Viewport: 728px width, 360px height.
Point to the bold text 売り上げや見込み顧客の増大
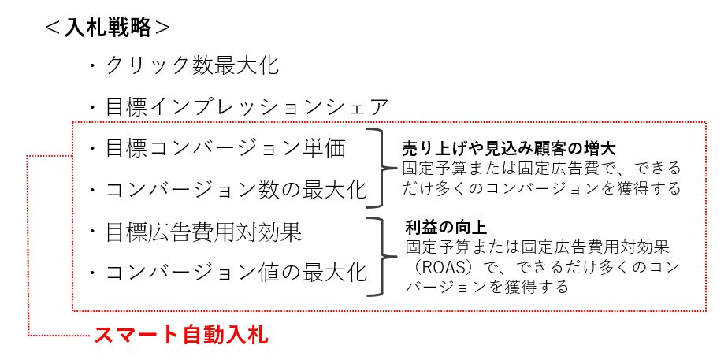496,147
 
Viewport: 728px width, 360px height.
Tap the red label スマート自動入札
181,335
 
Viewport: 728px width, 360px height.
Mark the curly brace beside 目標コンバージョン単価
382,167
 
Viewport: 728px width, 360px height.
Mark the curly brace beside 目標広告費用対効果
382,255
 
